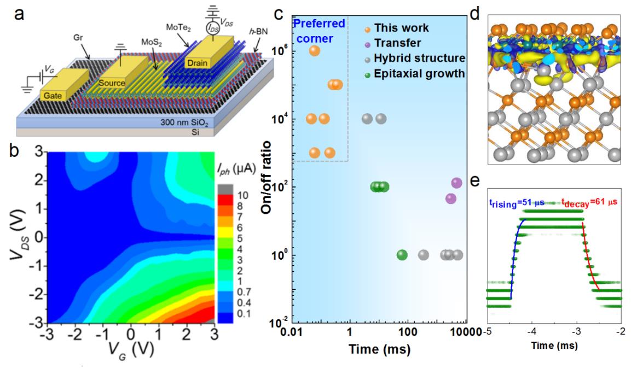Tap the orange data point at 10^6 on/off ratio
(x=315, y=51)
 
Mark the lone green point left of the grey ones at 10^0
(x=402, y=255)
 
